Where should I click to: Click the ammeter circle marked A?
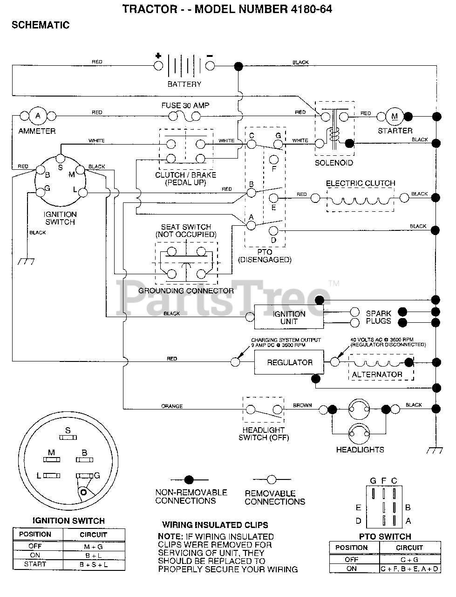(x=38, y=116)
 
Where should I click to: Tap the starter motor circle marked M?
(x=395, y=117)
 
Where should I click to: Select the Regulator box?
(x=289, y=362)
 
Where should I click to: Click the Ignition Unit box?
(x=289, y=318)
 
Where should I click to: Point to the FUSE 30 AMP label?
(x=185, y=105)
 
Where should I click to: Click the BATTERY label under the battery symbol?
(x=184, y=84)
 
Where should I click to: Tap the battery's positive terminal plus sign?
(x=158, y=56)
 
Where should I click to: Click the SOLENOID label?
(x=334, y=163)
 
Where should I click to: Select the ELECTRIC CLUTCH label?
(x=361, y=183)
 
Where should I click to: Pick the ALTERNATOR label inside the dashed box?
(x=377, y=375)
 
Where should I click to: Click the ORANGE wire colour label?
(x=172, y=406)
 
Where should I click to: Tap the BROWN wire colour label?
(x=302, y=405)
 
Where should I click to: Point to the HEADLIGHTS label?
(x=360, y=450)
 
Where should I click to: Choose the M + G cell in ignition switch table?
(x=94, y=547)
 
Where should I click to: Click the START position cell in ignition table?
(x=35, y=564)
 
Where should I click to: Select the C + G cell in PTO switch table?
(x=409, y=560)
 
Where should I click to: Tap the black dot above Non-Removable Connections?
(x=189, y=480)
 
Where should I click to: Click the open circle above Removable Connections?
(x=272, y=479)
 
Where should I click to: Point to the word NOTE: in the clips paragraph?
(x=170, y=537)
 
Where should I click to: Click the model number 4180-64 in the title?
(x=311, y=9)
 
